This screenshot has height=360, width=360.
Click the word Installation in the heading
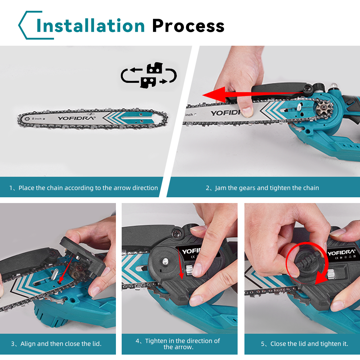pos(90,26)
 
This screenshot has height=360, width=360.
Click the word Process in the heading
pos(188,26)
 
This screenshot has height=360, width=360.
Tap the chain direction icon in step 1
pos(149,75)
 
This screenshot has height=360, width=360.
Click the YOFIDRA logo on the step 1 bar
pos(76,118)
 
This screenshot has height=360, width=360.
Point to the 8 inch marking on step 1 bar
pos(37,119)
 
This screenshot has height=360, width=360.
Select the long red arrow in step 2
pos(253,94)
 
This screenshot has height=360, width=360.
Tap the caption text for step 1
pos(84,188)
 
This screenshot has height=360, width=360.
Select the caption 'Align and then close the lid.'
pos(56,344)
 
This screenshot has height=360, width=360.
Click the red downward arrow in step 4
pos(180,264)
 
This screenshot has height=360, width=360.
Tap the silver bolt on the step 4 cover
pos(165,261)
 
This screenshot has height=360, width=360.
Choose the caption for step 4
pos(178,344)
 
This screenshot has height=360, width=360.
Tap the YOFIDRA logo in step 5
pos(342,253)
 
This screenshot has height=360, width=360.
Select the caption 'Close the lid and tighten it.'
pos(305,344)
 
